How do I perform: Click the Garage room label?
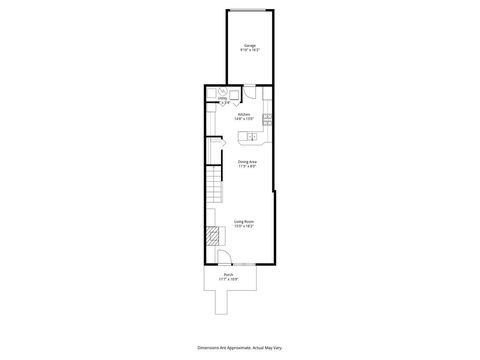tap(249, 45)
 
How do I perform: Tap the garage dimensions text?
tap(249, 50)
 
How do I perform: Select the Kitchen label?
tap(243, 114)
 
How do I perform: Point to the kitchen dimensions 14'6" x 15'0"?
tap(243, 119)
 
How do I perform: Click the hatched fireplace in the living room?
tap(213, 237)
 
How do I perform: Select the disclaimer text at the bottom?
tap(240, 344)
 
